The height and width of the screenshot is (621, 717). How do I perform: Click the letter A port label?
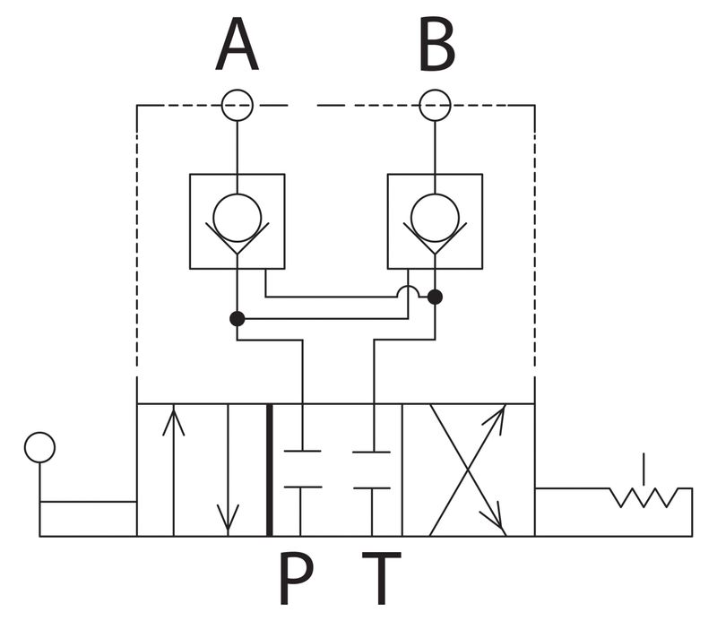pyautogui.click(x=237, y=45)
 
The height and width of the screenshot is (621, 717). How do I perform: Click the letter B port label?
pyautogui.click(x=436, y=45)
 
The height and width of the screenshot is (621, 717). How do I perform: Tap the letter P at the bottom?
pyautogui.click(x=296, y=578)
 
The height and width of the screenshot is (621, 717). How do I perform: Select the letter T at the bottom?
pyautogui.click(x=382, y=578)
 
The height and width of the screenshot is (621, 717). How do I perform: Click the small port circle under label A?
pyautogui.click(x=237, y=105)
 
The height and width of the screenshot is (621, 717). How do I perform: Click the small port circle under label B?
pyautogui.click(x=435, y=105)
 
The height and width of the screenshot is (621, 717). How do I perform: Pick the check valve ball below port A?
pyautogui.click(x=237, y=218)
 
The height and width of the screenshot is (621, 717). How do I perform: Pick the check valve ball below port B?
pyautogui.click(x=435, y=218)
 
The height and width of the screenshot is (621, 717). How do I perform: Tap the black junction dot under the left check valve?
pyautogui.click(x=237, y=319)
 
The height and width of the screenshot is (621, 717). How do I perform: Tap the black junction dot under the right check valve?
pyautogui.click(x=435, y=297)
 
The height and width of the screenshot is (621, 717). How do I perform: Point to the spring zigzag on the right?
pyautogui.click(x=644, y=497)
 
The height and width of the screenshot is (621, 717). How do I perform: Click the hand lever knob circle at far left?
pyautogui.click(x=39, y=447)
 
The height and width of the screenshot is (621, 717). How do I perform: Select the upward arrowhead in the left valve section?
pyautogui.click(x=173, y=422)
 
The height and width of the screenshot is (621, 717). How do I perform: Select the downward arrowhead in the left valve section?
pyautogui.click(x=228, y=520)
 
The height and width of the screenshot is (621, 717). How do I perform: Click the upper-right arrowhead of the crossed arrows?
pyautogui.click(x=497, y=417)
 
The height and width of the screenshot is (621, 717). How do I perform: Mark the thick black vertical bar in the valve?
pyautogui.click(x=270, y=470)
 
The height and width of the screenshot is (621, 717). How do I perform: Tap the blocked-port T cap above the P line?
pyautogui.click(x=302, y=487)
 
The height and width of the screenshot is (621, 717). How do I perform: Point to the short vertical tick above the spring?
pyautogui.click(x=644, y=469)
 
